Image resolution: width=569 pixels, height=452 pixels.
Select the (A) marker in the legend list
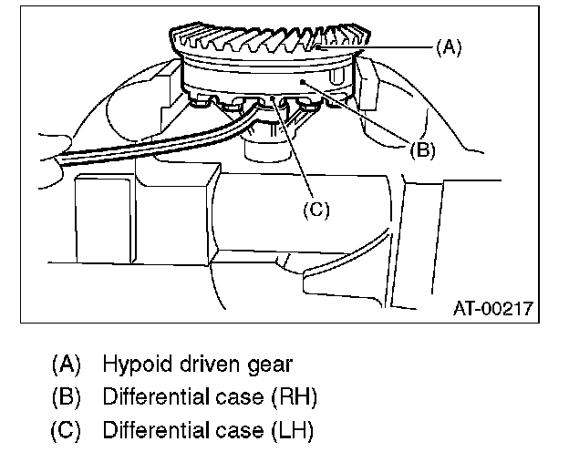[66, 365]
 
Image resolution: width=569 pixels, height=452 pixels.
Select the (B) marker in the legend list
[66, 397]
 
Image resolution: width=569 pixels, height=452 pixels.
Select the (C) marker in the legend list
[66, 429]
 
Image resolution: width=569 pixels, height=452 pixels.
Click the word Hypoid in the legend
[132, 365]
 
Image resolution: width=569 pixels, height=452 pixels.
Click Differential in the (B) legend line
[150, 397]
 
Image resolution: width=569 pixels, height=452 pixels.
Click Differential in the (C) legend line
[150, 429]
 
